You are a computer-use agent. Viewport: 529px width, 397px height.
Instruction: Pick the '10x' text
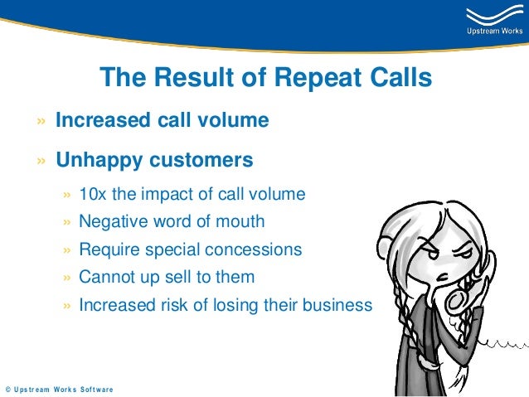pos(91,195)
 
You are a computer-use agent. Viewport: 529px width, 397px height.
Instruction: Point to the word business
pos(338,305)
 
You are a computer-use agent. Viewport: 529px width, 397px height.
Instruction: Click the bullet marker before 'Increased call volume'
pos(41,121)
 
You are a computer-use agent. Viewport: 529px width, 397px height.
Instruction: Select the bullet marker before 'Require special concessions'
pos(67,249)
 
